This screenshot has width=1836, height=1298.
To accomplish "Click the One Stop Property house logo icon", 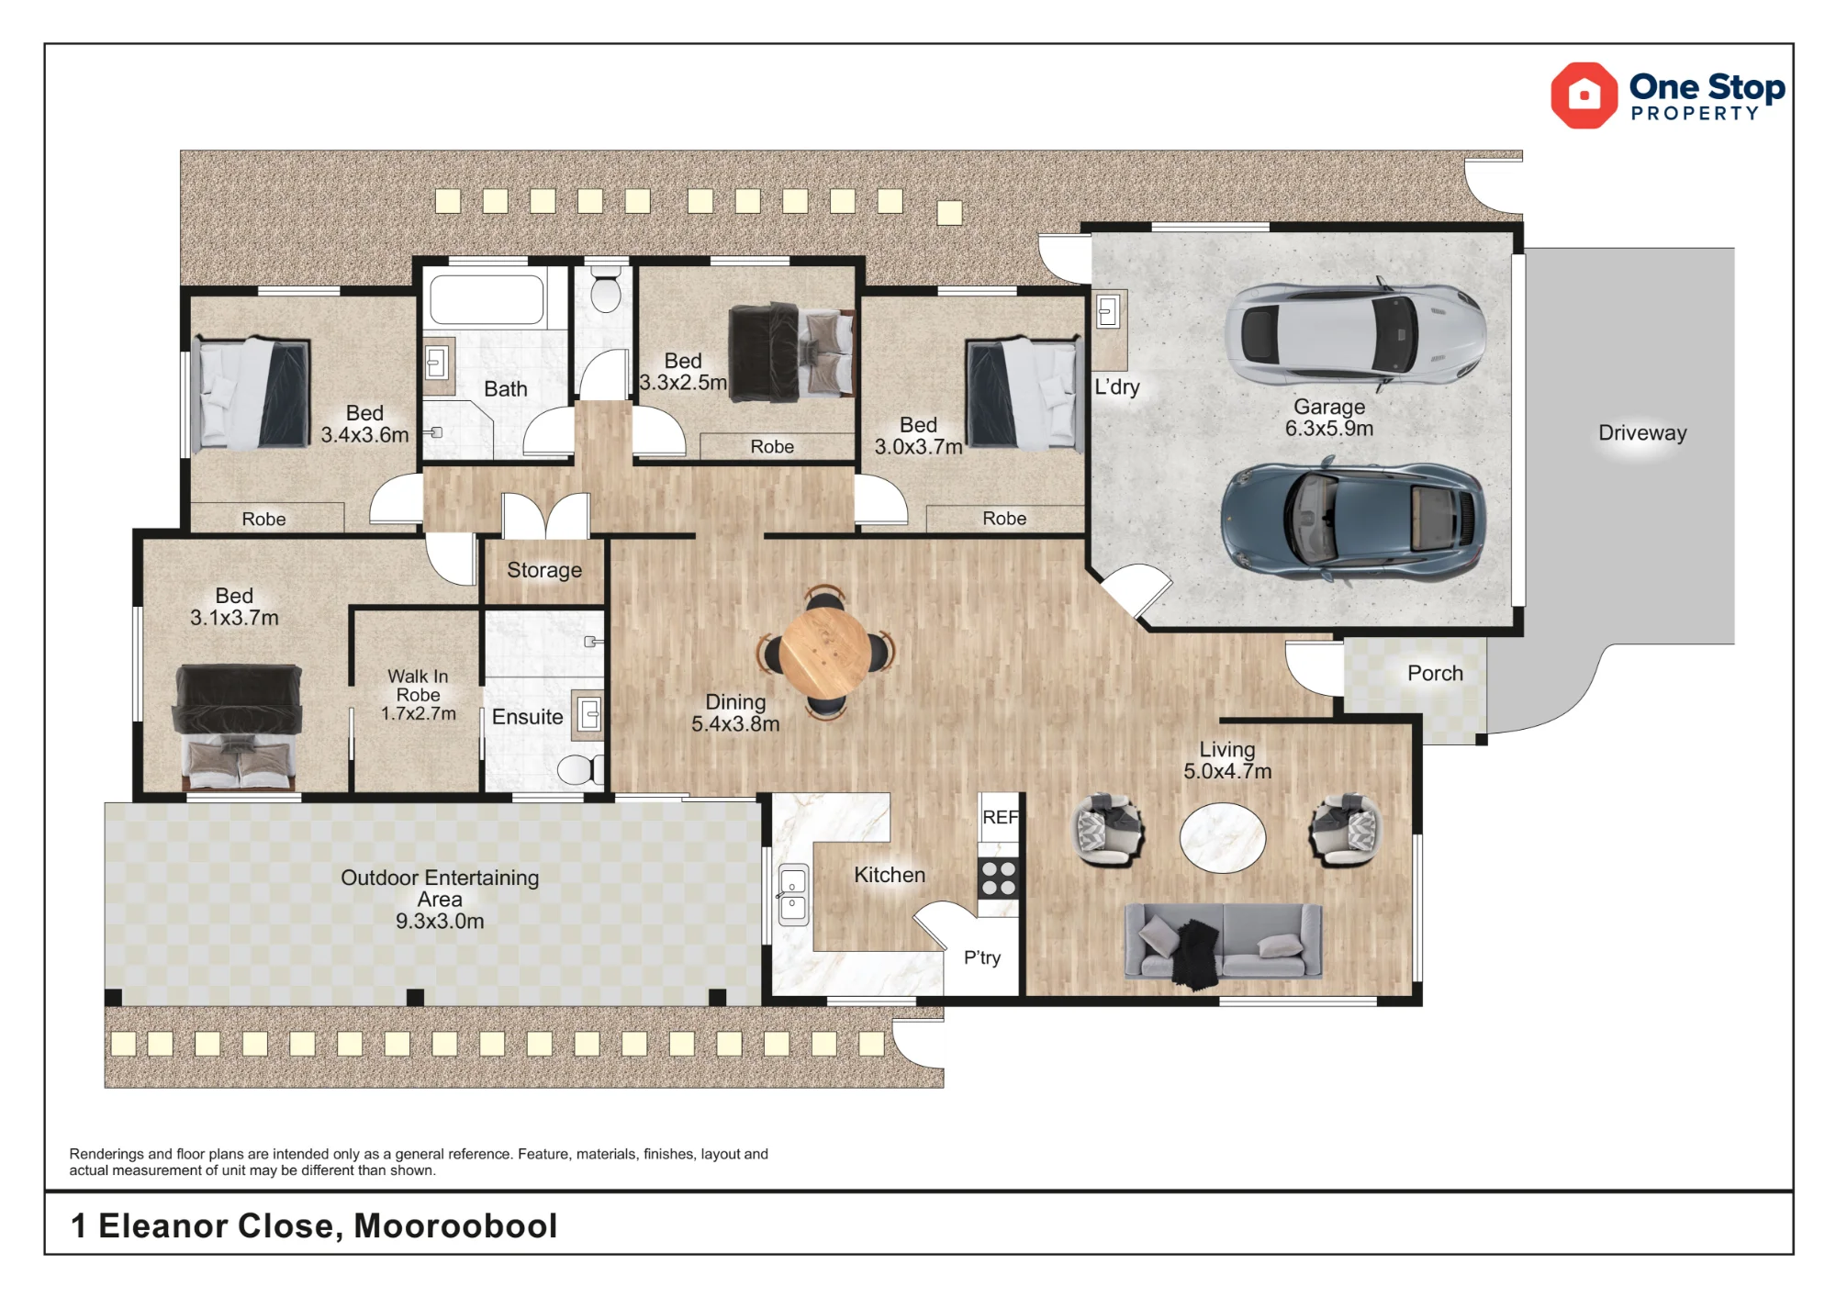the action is pyautogui.click(x=1584, y=95).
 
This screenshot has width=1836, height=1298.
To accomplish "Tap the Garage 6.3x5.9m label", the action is pyautogui.click(x=1329, y=418).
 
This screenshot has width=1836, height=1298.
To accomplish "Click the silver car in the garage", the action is pyautogui.click(x=1355, y=333).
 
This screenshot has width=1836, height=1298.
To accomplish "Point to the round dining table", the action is pyautogui.click(x=826, y=653).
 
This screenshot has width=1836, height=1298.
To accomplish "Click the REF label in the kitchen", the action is pyautogui.click(x=1000, y=817).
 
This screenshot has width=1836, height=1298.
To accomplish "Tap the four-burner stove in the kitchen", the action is pyautogui.click(x=998, y=877).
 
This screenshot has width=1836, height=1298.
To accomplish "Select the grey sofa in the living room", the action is pyautogui.click(x=1224, y=942).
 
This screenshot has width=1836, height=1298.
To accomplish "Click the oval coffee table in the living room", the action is pyautogui.click(x=1223, y=837).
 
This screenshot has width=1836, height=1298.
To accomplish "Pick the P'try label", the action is pyautogui.click(x=981, y=957).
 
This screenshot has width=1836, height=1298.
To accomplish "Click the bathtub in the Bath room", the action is pyautogui.click(x=487, y=298).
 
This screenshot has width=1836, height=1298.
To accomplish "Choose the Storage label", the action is pyautogui.click(x=544, y=570).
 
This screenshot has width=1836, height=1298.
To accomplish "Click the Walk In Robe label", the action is pyautogui.click(x=418, y=695).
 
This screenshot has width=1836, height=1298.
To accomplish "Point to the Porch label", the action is pyautogui.click(x=1435, y=673).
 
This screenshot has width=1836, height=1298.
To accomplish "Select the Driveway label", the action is pyautogui.click(x=1642, y=433).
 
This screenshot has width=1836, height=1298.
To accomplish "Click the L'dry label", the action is pyautogui.click(x=1116, y=386).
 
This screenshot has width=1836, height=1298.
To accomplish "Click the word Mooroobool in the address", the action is pyautogui.click(x=455, y=1225).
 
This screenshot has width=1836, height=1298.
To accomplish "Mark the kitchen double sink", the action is pyautogui.click(x=792, y=894).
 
